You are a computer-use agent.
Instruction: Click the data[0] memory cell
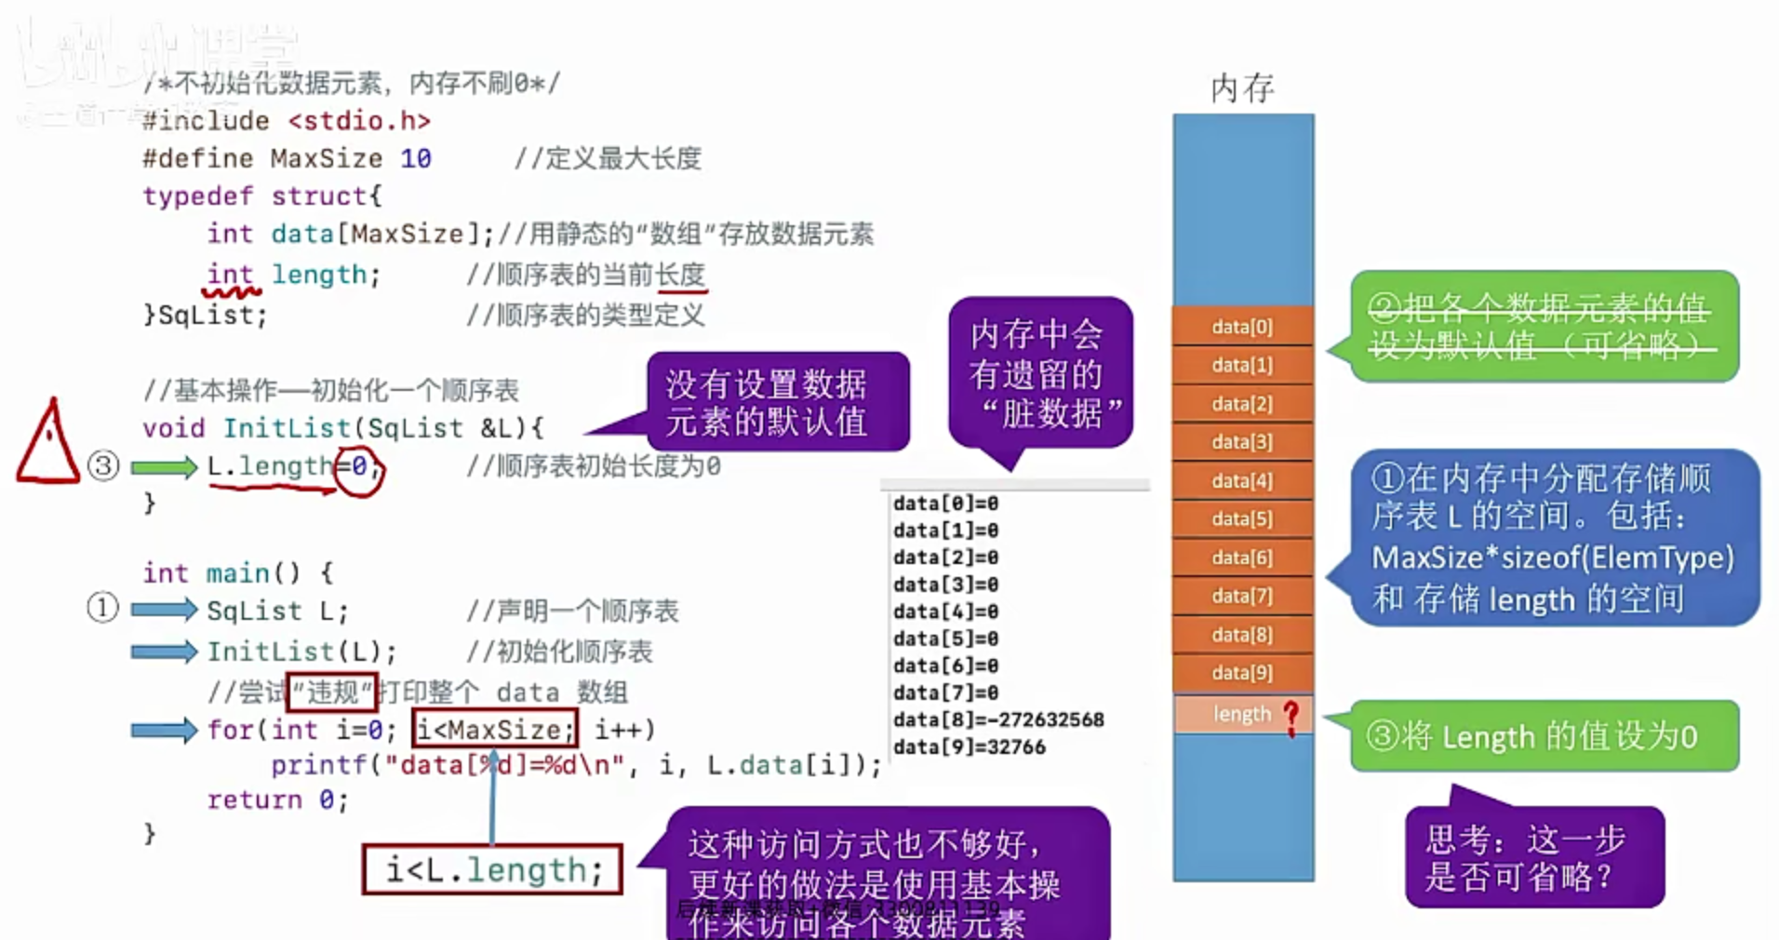point(1242,327)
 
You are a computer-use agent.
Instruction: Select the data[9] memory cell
point(1242,673)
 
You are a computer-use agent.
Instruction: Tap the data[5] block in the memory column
point(1242,519)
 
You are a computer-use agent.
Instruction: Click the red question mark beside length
point(1291,717)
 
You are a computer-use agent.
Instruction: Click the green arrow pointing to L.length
point(164,466)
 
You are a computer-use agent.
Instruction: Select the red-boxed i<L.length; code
point(492,870)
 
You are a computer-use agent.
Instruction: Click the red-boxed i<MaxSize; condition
point(495,729)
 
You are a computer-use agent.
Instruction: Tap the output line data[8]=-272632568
point(997,719)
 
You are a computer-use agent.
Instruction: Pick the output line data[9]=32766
point(969,746)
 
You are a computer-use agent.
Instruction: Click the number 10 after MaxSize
point(416,158)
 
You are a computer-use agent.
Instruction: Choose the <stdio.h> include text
point(359,121)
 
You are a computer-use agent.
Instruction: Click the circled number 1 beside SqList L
point(102,608)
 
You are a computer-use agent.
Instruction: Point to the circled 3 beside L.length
point(103,465)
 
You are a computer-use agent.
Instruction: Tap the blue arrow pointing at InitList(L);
point(164,651)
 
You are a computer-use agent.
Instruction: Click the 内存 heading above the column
point(1242,88)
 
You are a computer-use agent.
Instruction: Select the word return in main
point(254,799)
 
